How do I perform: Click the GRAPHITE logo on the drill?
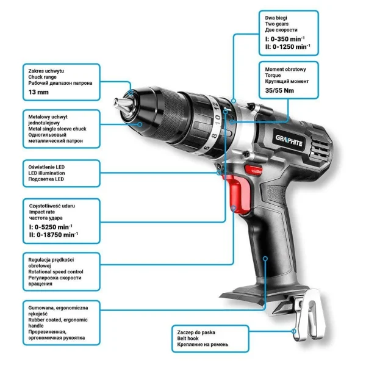coord(289,140)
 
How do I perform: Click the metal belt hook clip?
coord(309,315)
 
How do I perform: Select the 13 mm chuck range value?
coord(38,92)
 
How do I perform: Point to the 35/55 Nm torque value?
coord(279,90)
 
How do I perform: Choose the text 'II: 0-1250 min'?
coord(287,47)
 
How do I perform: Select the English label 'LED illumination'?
coord(47,173)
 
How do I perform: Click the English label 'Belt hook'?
coord(188,339)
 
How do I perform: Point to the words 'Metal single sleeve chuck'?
coord(57,129)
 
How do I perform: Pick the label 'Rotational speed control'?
coord(56,271)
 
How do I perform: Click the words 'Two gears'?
coord(277,24)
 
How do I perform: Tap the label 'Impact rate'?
coord(42,212)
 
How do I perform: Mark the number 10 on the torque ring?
coord(217,120)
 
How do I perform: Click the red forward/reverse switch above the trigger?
coord(254,170)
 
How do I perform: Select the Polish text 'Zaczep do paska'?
coord(196,332)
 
